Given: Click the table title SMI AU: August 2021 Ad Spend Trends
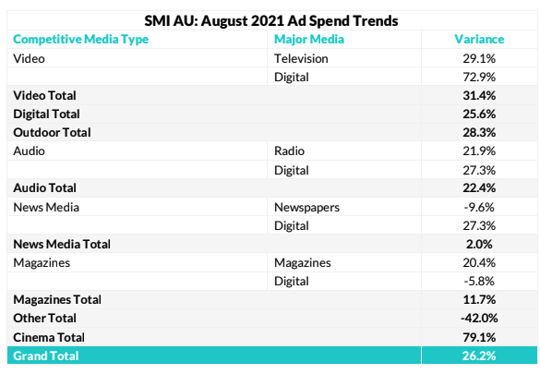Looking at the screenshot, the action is point(271,20).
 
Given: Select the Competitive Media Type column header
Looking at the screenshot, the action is point(81,40).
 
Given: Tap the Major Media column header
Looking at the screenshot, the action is point(309,40).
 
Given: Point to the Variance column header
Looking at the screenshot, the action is point(479,39).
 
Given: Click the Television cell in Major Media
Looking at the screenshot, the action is point(301,58).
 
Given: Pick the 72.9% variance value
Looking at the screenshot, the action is point(479,78).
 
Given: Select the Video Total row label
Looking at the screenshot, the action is point(45,95).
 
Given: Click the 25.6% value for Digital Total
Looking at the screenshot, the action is point(479,114).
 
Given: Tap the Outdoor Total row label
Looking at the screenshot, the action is point(52,133).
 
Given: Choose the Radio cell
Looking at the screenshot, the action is point(289,151).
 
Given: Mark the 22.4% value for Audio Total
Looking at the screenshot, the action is point(479,188).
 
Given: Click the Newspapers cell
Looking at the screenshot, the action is point(306,208).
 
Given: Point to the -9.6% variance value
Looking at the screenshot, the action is point(479,208).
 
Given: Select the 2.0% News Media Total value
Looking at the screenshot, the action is point(479,244).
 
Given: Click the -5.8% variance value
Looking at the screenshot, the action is point(479,282).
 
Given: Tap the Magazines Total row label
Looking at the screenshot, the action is point(57,299).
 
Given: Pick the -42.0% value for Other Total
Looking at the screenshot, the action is point(479,319).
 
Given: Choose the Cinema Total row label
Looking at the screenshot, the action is point(49,337).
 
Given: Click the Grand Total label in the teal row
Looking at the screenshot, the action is point(46,356).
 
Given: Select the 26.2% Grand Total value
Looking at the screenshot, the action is point(479,356).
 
